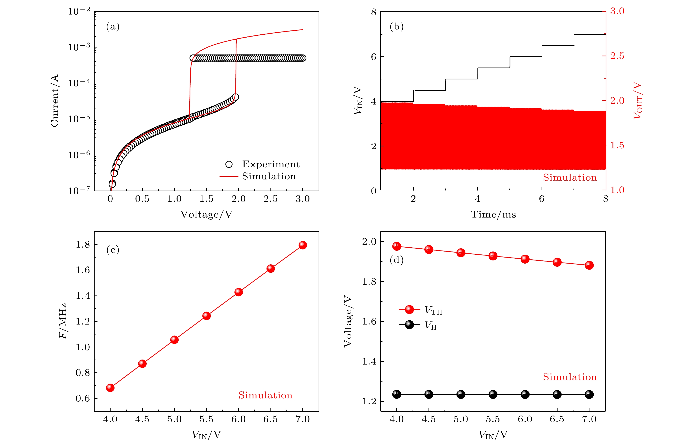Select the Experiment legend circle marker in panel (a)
click(x=229, y=164)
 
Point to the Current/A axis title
click(x=54, y=101)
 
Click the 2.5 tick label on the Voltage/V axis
click(x=270, y=199)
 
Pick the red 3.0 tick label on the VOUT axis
click(x=617, y=11)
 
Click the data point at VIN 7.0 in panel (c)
click(x=303, y=245)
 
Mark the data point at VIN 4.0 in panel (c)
click(x=110, y=388)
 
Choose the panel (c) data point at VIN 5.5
click(x=206, y=316)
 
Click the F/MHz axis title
click(x=63, y=321)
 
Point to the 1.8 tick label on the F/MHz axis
click(x=83, y=245)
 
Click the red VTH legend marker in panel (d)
click(x=409, y=309)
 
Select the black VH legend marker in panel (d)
click(x=409, y=325)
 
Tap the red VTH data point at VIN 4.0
click(x=397, y=246)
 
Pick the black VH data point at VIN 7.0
click(x=589, y=394)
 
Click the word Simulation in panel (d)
click(x=570, y=377)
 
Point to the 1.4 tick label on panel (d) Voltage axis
click(x=369, y=361)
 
